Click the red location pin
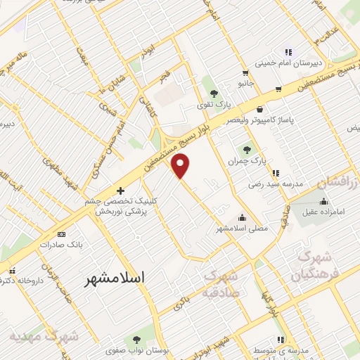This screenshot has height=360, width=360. pyautogui.click(x=181, y=166)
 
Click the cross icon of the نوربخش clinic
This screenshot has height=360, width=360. pyautogui.click(x=120, y=191)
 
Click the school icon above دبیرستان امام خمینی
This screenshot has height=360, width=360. pyautogui.click(x=288, y=51)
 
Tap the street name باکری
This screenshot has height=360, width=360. pyautogui.click(x=180, y=302)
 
